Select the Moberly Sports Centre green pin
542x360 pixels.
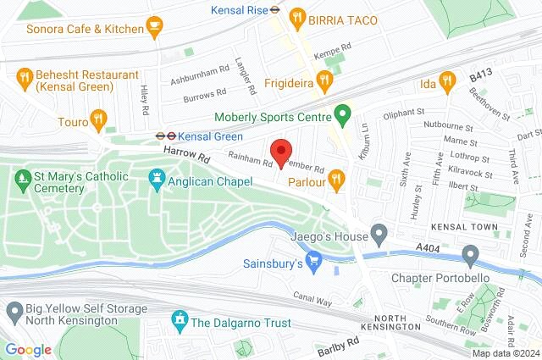342,113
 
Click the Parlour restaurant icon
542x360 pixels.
337,179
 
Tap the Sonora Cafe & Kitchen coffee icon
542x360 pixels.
153,27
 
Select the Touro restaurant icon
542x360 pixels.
98,119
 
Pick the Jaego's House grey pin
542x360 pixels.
379,231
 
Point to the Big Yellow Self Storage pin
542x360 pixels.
13,312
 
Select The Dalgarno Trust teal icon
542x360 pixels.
180,319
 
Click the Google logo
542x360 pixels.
29,349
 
